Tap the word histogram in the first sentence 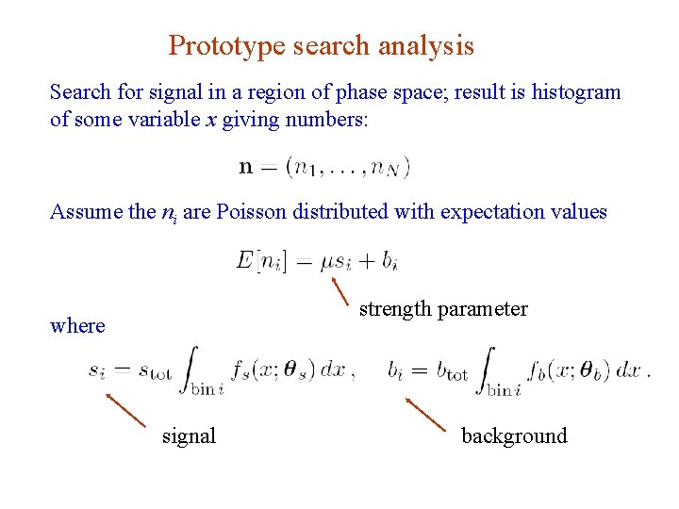point(576,92)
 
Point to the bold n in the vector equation point(246,168)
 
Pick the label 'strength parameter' point(443,309)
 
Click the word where point(77,326)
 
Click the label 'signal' point(189,435)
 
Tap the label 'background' point(514,435)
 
